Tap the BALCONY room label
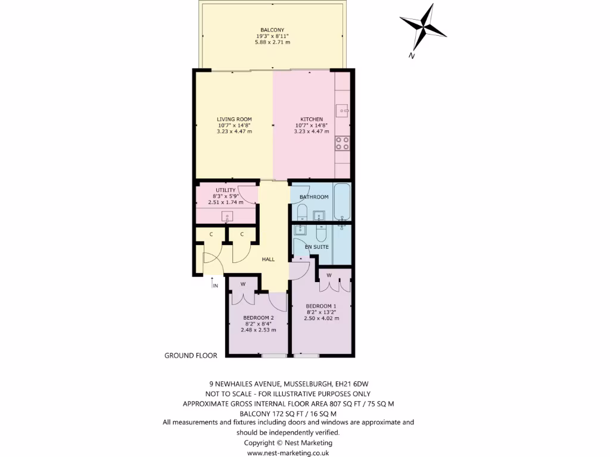pyautogui.click(x=272, y=30)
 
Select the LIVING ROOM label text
pyautogui.click(x=234, y=119)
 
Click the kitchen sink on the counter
pyautogui.click(x=342, y=109)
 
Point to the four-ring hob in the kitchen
pyautogui.click(x=342, y=143)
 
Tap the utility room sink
pyautogui.click(x=227, y=216)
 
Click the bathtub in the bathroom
pyautogui.click(x=343, y=202)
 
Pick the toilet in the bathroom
pyautogui.click(x=301, y=212)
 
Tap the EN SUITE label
pyautogui.click(x=316, y=246)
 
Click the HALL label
pyautogui.click(x=269, y=259)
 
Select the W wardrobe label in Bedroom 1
pyautogui.click(x=329, y=275)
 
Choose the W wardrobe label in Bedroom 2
pyautogui.click(x=243, y=284)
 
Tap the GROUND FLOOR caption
pyautogui.click(x=191, y=355)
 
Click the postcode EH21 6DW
pyautogui.click(x=359, y=384)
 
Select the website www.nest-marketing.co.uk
pyautogui.click(x=288, y=453)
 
